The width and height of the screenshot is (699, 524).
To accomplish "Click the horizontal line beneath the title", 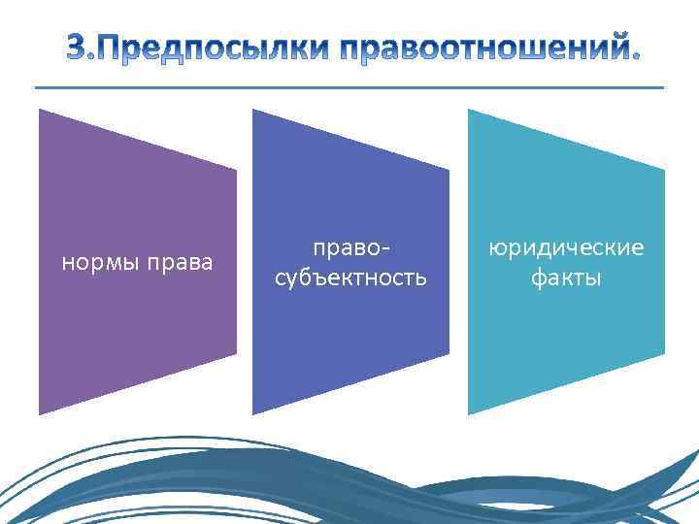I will (349, 88).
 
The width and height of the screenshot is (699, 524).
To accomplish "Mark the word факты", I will (566, 278).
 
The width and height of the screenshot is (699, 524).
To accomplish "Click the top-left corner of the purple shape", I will (41, 111).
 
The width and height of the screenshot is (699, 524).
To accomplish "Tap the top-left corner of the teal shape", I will (470, 111).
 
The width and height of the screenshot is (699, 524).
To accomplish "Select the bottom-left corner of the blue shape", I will (254, 413).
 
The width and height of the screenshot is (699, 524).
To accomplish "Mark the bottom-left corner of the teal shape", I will (470, 413).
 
